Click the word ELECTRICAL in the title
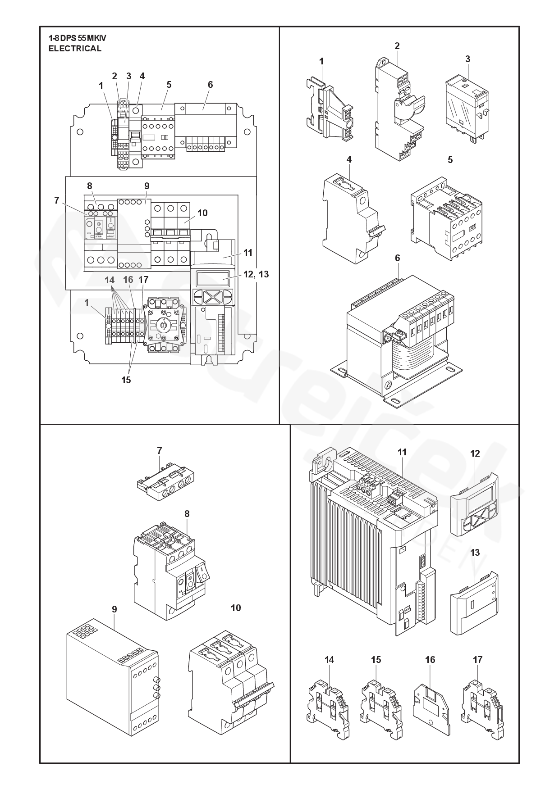pyautogui.click(x=75, y=49)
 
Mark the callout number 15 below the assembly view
pyautogui.click(x=126, y=380)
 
